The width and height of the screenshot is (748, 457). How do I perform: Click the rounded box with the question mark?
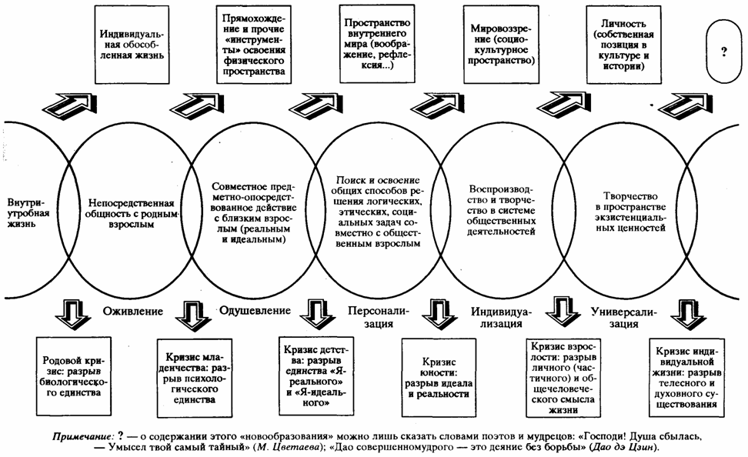click(x=724, y=54)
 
